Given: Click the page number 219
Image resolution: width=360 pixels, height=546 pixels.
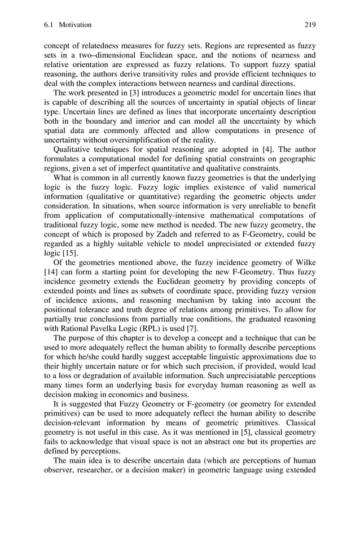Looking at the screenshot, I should [x=310, y=25].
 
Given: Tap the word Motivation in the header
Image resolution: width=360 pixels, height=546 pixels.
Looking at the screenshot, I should [x=75, y=25].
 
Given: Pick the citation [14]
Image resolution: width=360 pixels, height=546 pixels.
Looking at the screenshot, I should [x=52, y=274].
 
